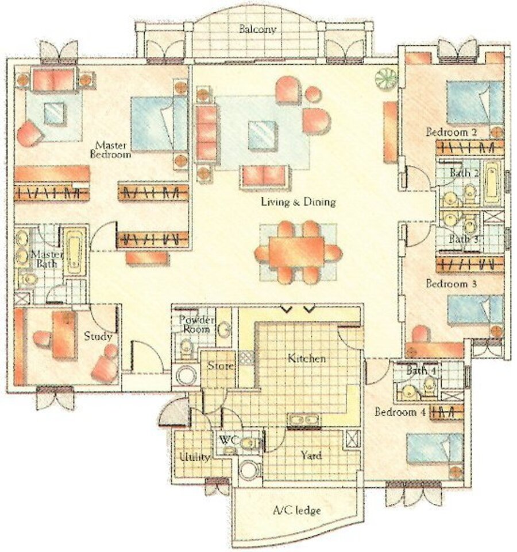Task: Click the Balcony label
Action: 257,29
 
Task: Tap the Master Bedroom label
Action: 111,149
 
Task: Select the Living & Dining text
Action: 298,202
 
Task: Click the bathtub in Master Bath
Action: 74,250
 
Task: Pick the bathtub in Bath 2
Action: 492,182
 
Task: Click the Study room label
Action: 98,336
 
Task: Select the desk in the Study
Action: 64,335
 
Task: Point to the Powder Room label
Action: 196,324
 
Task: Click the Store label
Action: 220,366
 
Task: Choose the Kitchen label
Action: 306,359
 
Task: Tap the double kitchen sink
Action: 304,421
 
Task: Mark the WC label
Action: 229,440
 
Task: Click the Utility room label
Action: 195,457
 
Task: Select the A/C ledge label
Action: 297,510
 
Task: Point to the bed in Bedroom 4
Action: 434,449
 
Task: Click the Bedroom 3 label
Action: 451,283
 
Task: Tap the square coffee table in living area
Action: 263,135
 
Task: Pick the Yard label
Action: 311,456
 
